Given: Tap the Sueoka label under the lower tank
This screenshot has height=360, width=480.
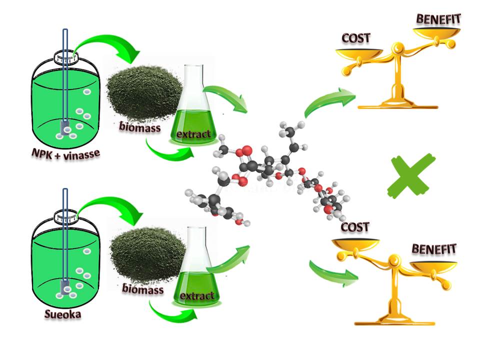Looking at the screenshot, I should coord(63,315).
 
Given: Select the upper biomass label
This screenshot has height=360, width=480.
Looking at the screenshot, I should coord(140,127).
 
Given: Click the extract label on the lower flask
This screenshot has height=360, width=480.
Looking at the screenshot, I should coord(196,295).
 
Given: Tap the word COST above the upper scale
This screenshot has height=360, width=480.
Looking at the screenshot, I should coord(356,38).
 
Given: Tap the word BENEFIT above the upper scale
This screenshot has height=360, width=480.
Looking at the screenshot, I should coord(438,20).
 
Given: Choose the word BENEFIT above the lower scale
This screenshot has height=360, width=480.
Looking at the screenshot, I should coord(433,249).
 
